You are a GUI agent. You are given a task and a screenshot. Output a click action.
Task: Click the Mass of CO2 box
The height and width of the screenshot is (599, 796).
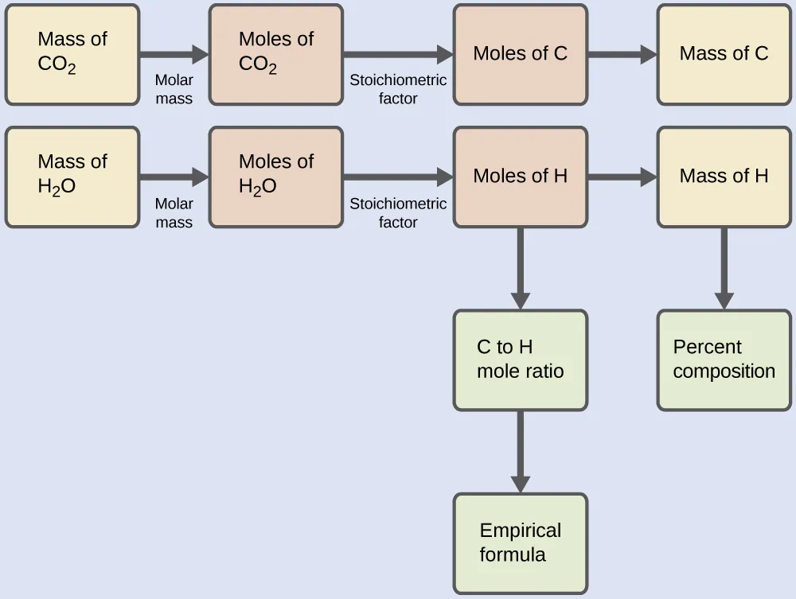(x=72, y=54)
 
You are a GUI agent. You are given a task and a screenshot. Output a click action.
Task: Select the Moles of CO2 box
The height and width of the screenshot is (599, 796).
(x=275, y=54)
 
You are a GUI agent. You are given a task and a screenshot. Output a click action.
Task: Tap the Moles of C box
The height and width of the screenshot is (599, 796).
(x=520, y=54)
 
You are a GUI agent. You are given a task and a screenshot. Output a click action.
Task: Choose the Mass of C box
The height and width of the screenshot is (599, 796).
(x=724, y=54)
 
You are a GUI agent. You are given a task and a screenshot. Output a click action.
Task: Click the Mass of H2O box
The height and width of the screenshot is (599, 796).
(x=72, y=177)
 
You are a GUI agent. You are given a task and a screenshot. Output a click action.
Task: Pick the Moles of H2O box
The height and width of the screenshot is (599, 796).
(x=275, y=177)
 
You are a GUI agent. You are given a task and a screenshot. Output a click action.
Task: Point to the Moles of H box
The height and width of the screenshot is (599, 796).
(x=520, y=177)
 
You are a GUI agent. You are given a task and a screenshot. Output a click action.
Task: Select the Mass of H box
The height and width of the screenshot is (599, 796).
(x=724, y=177)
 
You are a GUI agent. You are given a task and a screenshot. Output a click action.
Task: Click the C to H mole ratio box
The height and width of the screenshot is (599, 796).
(x=520, y=360)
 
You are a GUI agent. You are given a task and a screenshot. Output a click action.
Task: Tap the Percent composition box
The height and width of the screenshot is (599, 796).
(x=724, y=360)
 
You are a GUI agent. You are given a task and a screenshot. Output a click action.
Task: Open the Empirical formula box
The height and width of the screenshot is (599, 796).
(x=520, y=543)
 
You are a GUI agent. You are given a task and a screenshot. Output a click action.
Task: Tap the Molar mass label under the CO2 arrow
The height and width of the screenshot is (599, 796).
(x=174, y=89)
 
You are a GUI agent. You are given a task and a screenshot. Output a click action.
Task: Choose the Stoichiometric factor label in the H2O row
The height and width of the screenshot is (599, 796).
(x=398, y=212)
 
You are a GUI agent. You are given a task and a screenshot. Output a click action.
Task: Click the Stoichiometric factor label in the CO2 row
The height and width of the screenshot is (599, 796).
(x=398, y=89)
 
